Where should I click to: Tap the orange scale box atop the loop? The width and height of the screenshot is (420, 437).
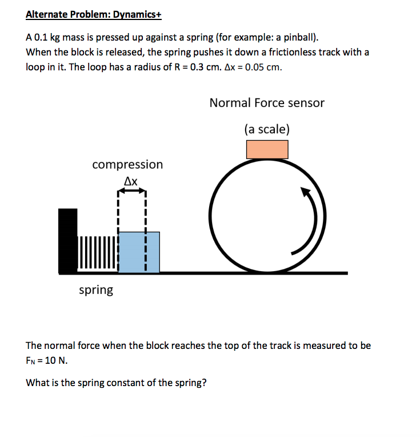(x=267, y=149)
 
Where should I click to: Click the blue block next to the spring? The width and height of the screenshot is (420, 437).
(x=139, y=252)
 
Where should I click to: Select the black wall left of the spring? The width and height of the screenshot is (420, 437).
(x=67, y=241)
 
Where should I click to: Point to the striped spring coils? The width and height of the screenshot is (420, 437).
(x=97, y=252)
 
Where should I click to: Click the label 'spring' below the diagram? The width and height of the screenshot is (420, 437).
(x=96, y=290)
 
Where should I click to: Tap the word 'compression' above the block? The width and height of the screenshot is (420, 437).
(x=127, y=165)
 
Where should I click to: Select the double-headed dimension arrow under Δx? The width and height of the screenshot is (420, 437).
(x=132, y=192)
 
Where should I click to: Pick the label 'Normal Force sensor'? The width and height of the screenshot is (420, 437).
(x=267, y=103)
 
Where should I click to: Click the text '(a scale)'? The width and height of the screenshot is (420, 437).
(x=267, y=129)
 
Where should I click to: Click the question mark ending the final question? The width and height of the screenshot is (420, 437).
(x=204, y=383)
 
